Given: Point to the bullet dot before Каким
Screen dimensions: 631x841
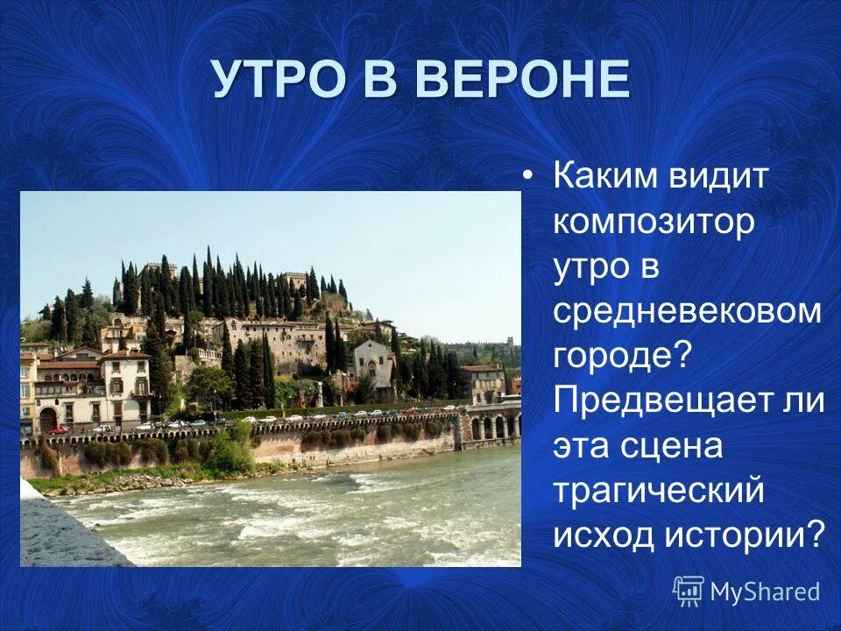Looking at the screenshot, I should click(527, 176).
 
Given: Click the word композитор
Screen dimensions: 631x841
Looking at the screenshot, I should click(653, 222).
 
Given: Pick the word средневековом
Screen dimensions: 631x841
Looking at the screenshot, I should click(687, 311).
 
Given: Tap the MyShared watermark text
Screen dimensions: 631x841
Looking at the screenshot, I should click(765, 592).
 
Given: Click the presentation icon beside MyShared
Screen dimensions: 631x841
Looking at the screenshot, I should click(689, 592).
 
